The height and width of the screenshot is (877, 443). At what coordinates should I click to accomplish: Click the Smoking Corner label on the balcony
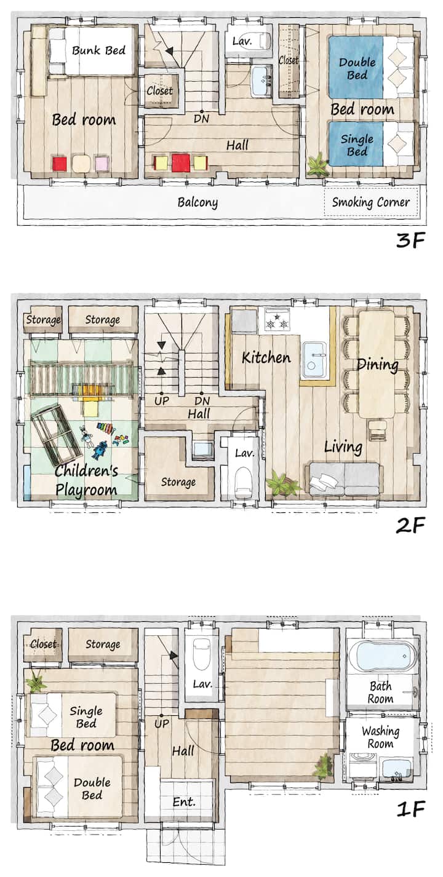[x=370, y=202]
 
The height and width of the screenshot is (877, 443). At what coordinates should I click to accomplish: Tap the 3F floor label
[x=410, y=240]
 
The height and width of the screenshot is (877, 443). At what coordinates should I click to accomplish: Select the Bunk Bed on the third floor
[x=92, y=50]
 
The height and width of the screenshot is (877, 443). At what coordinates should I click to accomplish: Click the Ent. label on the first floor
[x=184, y=801]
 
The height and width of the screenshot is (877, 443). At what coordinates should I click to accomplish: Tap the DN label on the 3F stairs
[x=201, y=118]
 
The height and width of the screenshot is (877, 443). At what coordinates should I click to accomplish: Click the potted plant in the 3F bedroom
[x=317, y=164]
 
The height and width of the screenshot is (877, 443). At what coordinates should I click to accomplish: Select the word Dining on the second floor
[x=378, y=365]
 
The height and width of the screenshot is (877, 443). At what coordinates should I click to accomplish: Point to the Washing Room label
[x=380, y=737]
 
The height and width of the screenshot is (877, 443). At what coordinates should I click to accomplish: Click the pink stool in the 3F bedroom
[x=102, y=163]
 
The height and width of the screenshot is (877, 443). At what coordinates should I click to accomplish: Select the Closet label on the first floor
[x=43, y=644]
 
